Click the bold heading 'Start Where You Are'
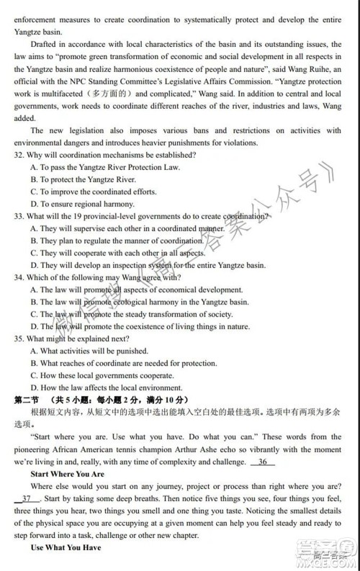(68, 475)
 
